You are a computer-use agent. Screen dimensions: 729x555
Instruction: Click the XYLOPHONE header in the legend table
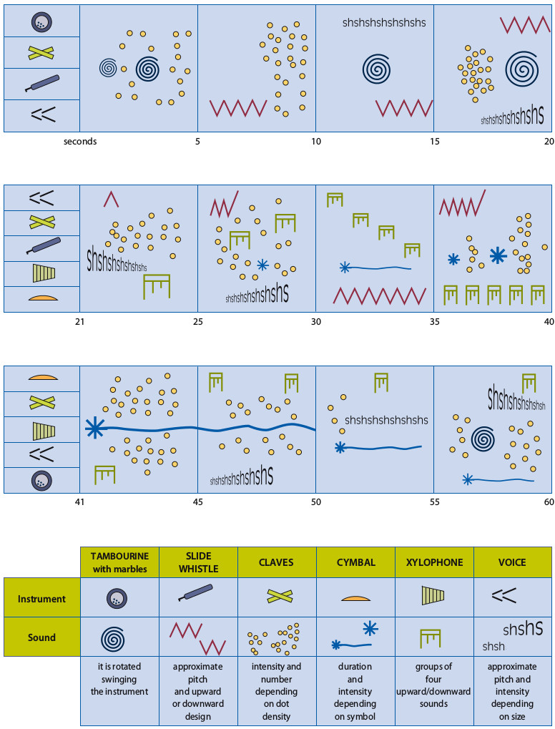[x=434, y=562]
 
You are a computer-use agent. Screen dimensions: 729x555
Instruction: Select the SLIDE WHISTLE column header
[x=198, y=562]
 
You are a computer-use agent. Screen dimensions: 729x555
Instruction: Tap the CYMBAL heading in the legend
[x=355, y=562]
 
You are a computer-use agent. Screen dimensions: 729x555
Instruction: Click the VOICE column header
[x=512, y=562]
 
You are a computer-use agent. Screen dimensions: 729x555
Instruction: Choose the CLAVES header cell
[x=277, y=562]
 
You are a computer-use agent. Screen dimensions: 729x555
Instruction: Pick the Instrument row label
[x=42, y=599]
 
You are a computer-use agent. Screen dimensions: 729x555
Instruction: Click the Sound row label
[x=42, y=637]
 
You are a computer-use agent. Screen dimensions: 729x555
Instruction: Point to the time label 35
[x=433, y=322]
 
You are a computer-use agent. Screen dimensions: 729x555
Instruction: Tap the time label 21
[x=79, y=322]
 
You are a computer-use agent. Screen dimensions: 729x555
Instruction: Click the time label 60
[x=549, y=502]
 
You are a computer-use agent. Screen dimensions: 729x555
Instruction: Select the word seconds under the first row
[x=80, y=142]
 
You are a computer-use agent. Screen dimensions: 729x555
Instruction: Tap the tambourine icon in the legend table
[x=119, y=598]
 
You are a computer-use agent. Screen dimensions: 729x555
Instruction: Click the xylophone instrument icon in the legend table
[x=434, y=596]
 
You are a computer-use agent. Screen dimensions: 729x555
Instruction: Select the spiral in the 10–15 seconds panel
[x=376, y=69]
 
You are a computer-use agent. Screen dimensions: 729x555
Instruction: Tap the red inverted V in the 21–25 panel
[x=111, y=198]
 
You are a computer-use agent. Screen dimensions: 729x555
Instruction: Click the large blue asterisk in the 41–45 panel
[x=94, y=428]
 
